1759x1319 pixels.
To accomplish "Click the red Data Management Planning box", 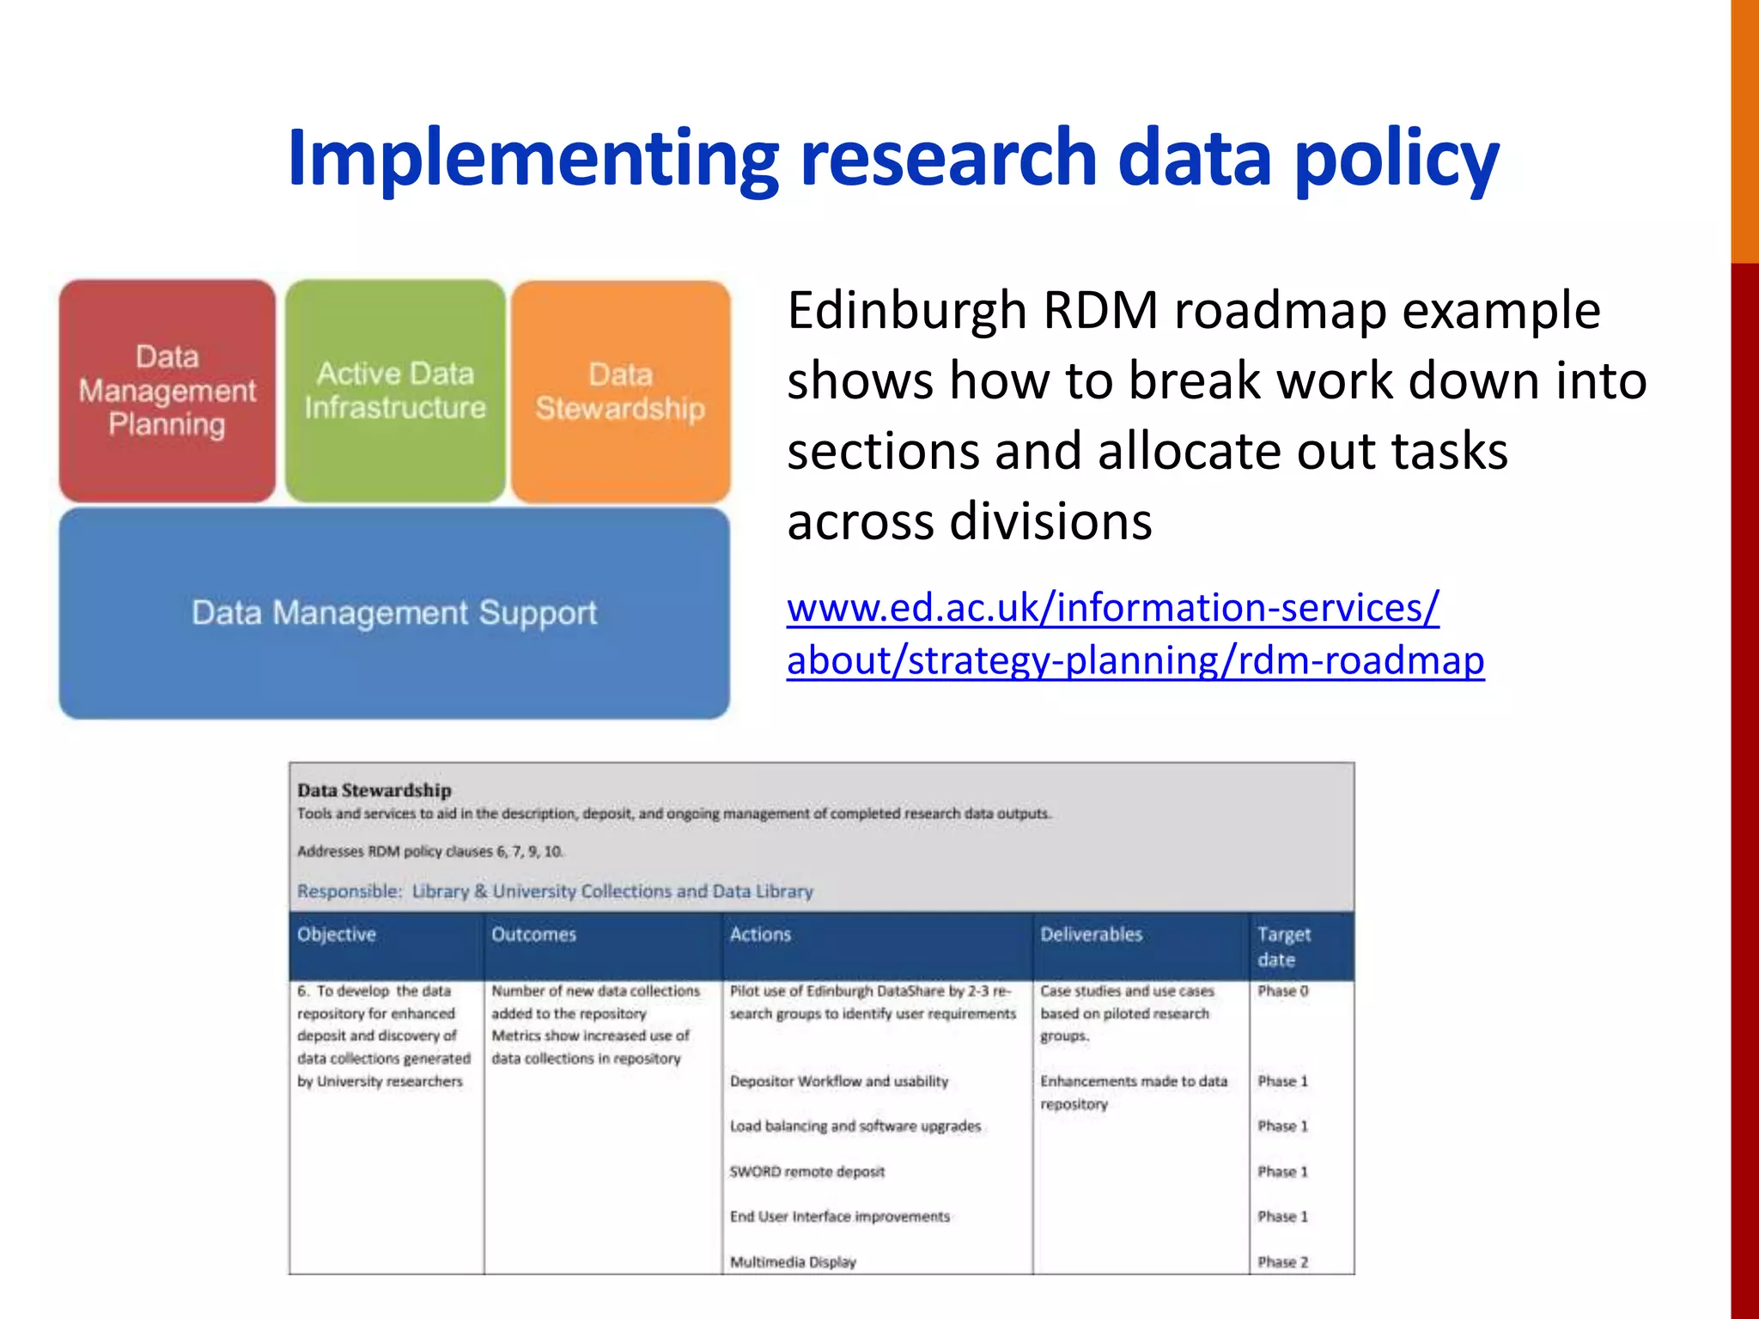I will point(167,391).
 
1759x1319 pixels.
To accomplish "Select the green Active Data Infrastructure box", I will point(395,391).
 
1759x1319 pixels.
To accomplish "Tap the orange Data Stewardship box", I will point(620,392).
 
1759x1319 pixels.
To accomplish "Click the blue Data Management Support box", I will point(394,613).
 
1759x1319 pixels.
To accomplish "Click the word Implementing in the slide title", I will point(533,158).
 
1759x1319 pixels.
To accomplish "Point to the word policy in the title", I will point(1397,160).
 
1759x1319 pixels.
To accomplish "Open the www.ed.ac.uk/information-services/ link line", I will point(1113,608).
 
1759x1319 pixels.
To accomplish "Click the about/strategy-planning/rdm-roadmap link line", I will point(1135,661).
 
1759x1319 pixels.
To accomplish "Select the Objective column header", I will point(337,934).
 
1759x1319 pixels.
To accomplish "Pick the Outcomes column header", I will point(533,934).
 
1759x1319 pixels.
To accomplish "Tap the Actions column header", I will point(760,934).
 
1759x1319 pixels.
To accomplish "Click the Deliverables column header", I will point(1092,934).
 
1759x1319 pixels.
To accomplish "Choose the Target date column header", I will point(1284,946).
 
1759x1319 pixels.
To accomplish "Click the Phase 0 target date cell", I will point(1283,991).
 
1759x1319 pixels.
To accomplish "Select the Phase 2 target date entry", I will point(1283,1261).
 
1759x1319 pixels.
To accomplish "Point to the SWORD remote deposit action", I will point(806,1171).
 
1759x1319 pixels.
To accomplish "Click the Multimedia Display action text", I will point(793,1261).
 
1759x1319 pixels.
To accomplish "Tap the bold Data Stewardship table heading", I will point(374,790).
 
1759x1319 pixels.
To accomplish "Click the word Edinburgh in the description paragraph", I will point(907,311).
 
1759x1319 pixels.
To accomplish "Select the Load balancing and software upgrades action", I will point(855,1126).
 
